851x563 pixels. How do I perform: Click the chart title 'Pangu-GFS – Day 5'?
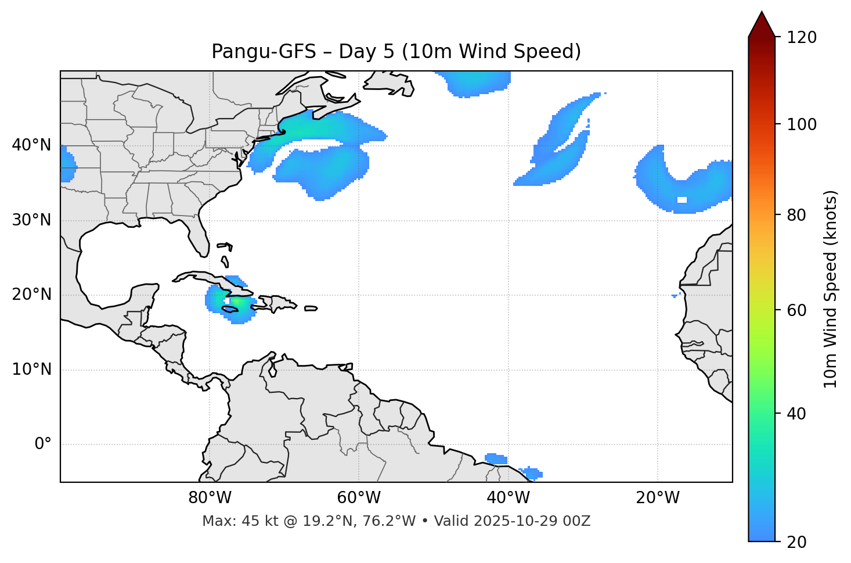pos(396,52)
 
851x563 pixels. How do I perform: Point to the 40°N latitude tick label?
pos(31,145)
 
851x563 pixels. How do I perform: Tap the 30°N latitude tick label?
pos(31,220)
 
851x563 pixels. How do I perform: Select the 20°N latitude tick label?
pos(31,295)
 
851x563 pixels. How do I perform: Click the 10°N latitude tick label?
pos(31,370)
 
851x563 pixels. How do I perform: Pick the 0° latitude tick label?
pos(43,444)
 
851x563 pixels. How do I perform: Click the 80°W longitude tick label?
pos(210,498)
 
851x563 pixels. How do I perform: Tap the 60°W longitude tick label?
pos(359,498)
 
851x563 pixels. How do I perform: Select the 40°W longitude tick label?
pos(508,498)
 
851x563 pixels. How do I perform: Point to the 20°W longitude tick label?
pos(658,498)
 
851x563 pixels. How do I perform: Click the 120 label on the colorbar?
pos(802,37)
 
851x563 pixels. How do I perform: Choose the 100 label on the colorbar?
pos(802,124)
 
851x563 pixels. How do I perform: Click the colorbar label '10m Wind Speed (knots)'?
pos(831,289)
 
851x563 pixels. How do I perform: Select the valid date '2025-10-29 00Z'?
pos(532,521)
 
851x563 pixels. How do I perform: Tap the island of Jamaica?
pos(230,310)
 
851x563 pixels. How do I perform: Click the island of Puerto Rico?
pos(311,309)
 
